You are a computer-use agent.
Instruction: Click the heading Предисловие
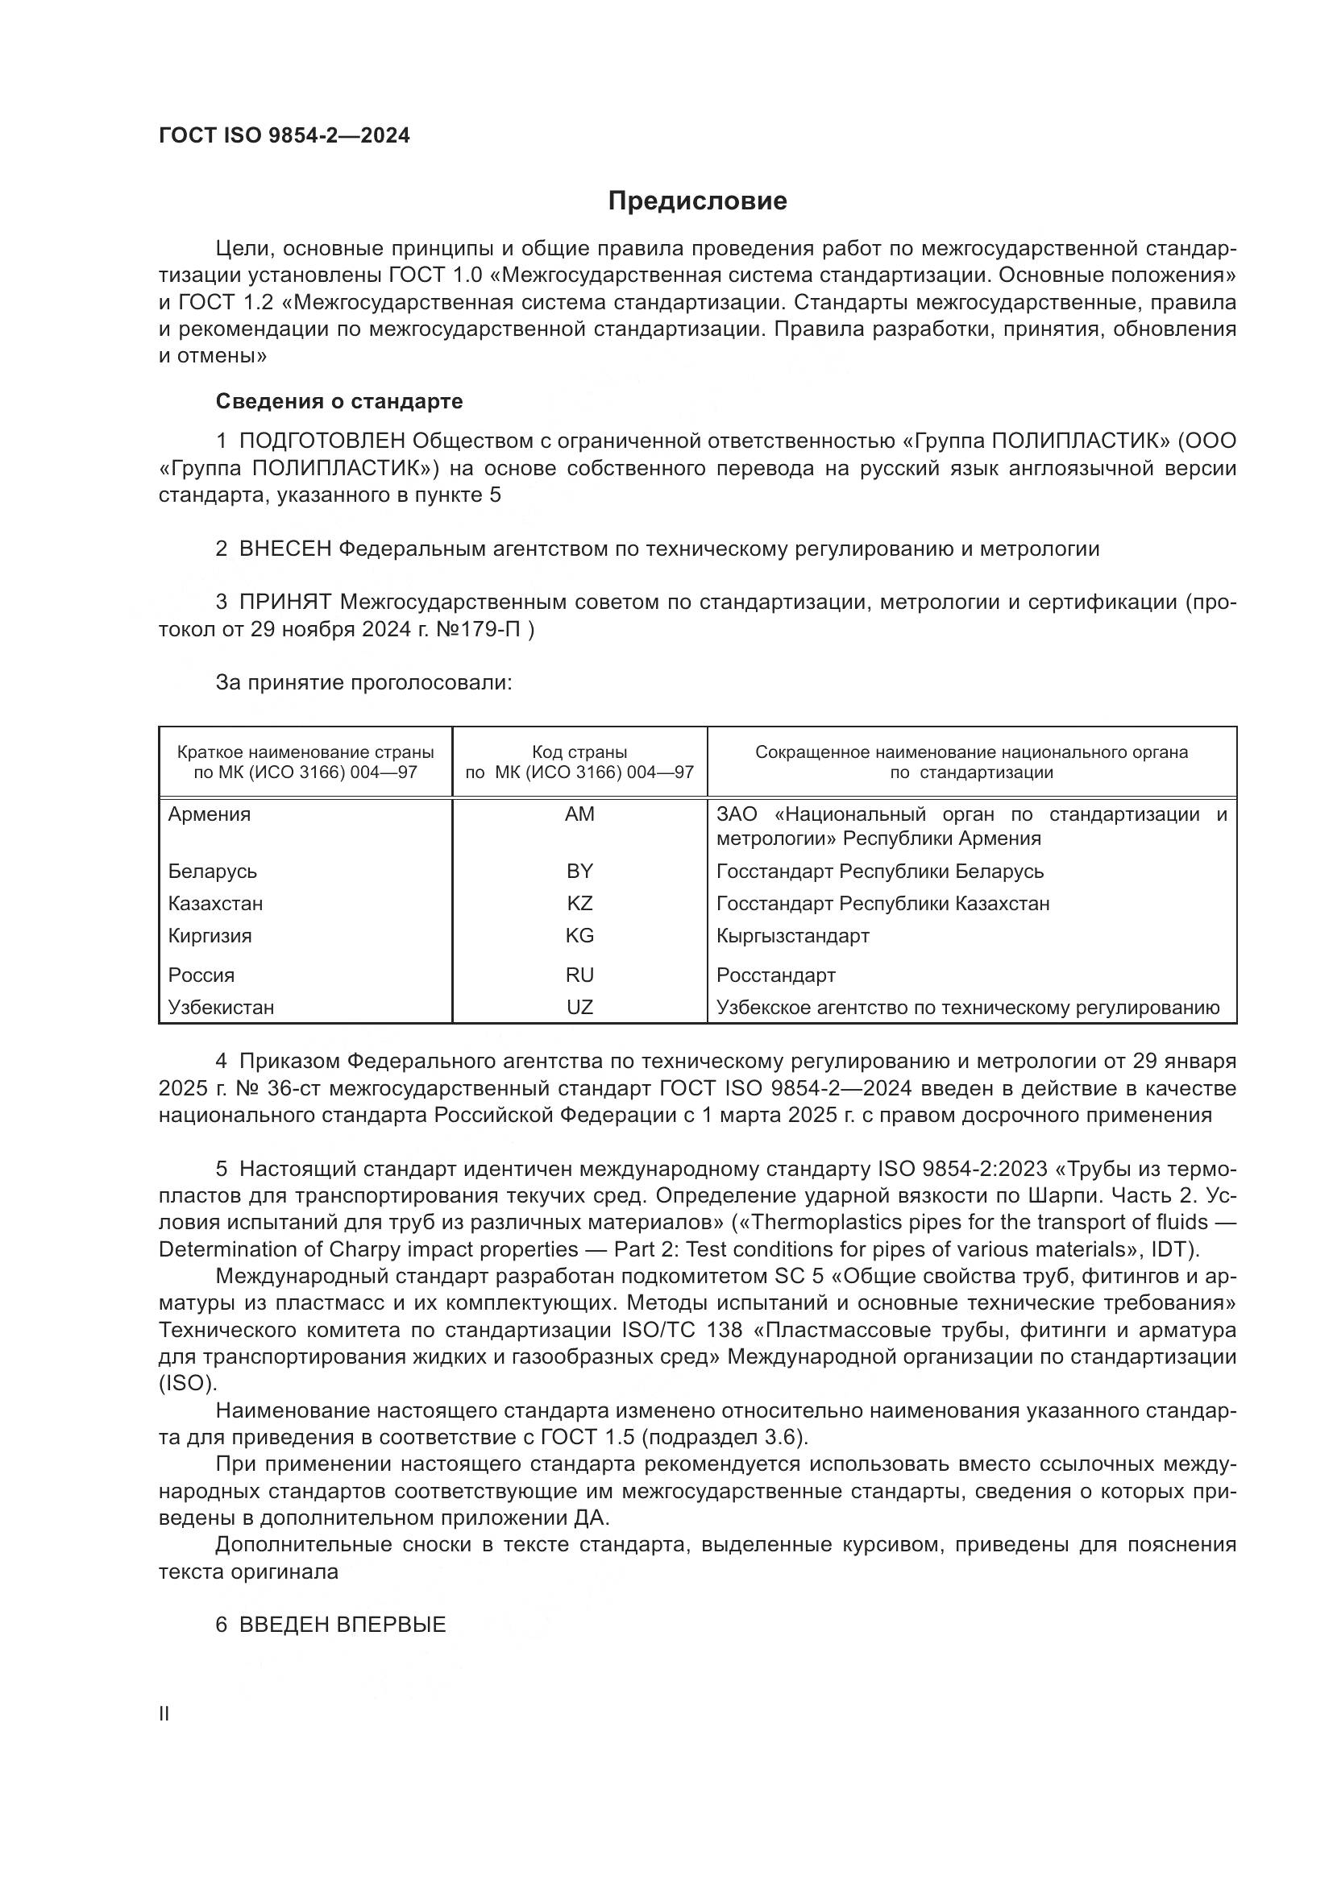pos(697,201)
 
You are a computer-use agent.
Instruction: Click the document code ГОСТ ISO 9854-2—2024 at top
pos(284,136)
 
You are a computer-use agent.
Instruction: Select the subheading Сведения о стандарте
pos(339,401)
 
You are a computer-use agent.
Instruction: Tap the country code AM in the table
pos(579,815)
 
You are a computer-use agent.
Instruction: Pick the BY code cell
pos(579,872)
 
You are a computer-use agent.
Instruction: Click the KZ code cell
pos(579,905)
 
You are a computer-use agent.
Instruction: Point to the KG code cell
pos(579,936)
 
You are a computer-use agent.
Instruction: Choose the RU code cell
pos(579,975)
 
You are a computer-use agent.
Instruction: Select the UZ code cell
pos(579,1008)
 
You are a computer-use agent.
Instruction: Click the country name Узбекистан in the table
pos(221,1008)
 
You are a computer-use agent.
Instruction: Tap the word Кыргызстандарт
pos(792,936)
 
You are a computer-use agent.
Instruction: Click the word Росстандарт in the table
pos(775,975)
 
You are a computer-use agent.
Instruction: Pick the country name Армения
pos(210,815)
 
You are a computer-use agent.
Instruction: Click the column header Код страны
pos(579,752)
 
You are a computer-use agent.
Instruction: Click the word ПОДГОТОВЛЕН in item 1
pos(322,441)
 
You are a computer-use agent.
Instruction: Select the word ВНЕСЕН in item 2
pos(284,549)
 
